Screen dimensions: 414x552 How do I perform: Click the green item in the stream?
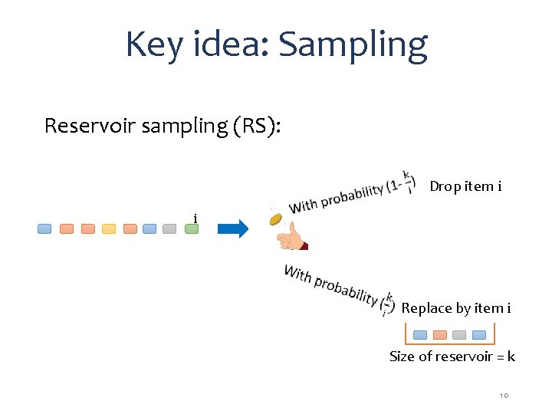pos(191,228)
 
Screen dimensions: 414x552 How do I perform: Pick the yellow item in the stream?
pos(109,228)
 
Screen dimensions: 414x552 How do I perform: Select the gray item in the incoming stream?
pos(170,228)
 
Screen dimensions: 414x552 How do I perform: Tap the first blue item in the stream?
pos(45,228)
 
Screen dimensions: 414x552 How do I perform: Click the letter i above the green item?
pos(195,219)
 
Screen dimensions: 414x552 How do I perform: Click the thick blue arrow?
pos(232,228)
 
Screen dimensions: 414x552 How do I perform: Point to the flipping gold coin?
pos(276,219)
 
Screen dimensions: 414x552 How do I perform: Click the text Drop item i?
pos(465,186)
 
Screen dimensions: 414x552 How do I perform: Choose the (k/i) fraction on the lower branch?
pos(388,304)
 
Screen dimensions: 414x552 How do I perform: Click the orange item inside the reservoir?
pos(440,334)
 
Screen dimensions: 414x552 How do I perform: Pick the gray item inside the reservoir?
pos(459,334)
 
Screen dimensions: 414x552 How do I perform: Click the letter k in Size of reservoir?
pos(511,356)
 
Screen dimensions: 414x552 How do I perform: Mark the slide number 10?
pos(504,395)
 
